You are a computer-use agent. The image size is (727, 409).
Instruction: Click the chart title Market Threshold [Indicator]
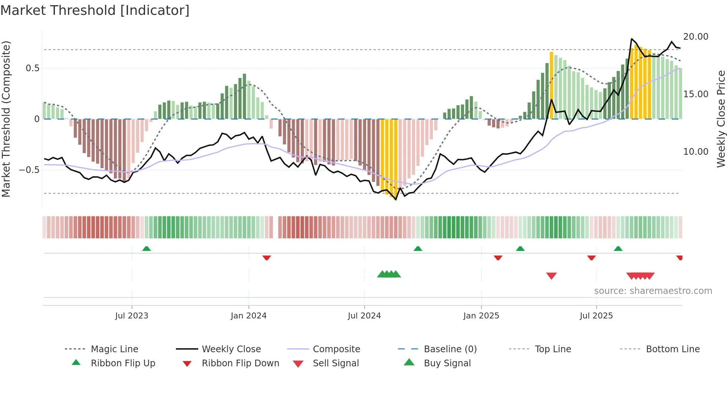95,10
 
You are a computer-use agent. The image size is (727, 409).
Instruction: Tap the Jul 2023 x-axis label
132,316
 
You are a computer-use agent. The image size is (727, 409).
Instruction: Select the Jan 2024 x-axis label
249,316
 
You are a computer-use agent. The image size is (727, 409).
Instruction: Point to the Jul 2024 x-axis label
364,316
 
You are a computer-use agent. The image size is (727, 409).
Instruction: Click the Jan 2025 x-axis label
481,316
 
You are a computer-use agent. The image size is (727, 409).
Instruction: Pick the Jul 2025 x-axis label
596,316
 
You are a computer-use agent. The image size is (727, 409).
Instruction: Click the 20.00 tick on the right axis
695,37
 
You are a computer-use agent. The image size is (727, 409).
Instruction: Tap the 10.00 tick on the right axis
695,152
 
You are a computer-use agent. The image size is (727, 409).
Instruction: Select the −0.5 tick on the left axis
29,170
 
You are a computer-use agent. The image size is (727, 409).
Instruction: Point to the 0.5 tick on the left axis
32,68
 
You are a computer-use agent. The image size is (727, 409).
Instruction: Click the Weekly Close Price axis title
721,119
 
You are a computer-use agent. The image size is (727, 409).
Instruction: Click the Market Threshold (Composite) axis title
6,119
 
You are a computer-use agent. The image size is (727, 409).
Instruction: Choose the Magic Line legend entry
114,349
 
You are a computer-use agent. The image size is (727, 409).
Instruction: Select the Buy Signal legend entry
447,363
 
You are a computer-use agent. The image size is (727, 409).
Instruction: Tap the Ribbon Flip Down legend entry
240,363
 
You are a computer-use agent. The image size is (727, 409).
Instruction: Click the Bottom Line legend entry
672,349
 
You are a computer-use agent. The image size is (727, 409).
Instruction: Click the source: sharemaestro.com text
653,291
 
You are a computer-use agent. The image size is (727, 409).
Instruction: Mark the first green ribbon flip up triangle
147,249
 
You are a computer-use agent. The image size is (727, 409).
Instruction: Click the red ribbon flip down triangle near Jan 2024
266,258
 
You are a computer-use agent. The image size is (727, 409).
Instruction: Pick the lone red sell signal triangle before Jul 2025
551,276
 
